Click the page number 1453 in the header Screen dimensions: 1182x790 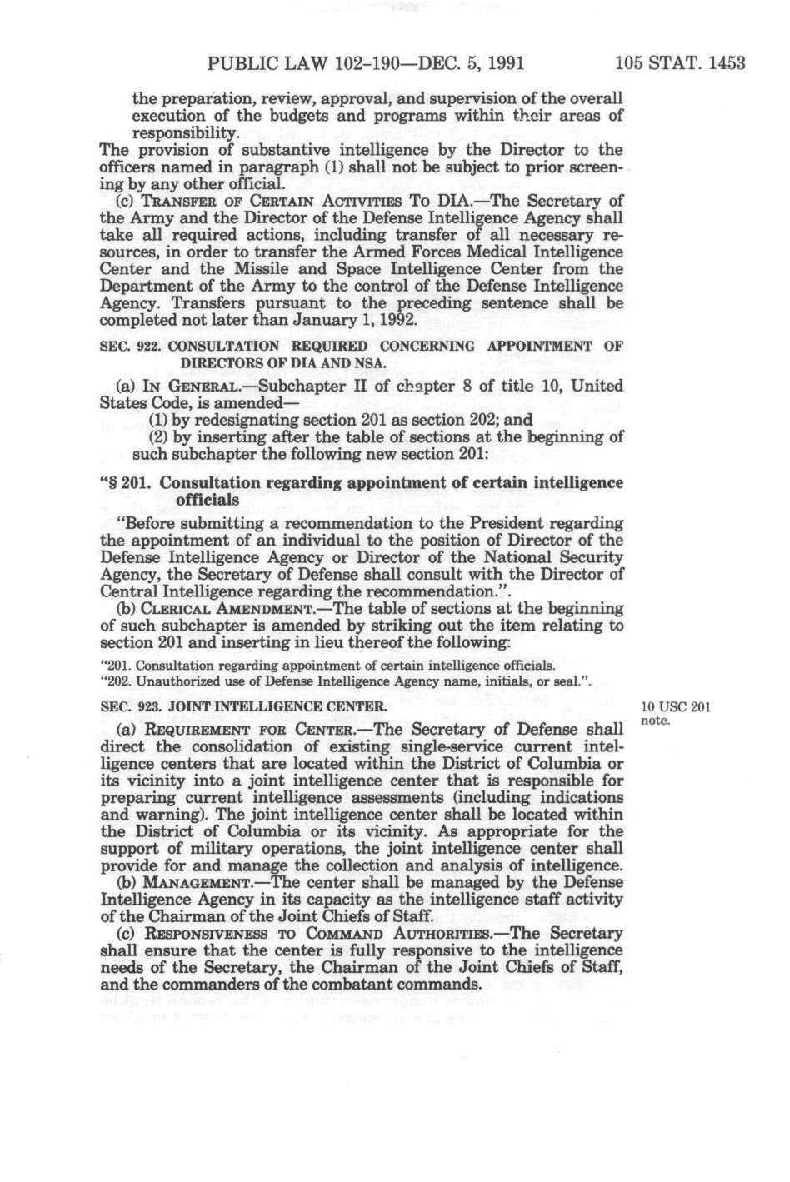(x=721, y=64)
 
